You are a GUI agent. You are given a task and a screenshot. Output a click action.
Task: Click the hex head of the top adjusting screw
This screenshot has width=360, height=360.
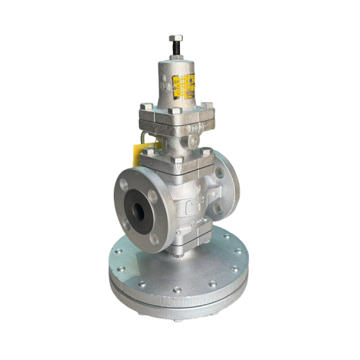tap(175, 38)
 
